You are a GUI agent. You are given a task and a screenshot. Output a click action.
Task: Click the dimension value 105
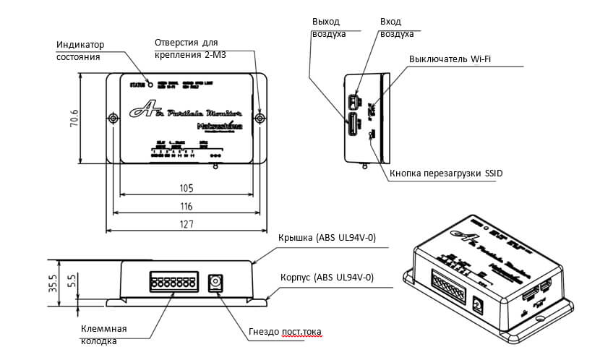pyautogui.click(x=187, y=189)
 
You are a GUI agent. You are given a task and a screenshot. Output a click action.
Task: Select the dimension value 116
pyautogui.click(x=187, y=207)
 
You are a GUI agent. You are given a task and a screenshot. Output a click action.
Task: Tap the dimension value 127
pyautogui.click(x=187, y=225)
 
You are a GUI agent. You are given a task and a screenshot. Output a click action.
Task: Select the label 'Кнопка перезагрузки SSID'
pyautogui.click(x=445, y=173)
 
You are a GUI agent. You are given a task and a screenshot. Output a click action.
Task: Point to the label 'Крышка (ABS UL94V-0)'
pyautogui.click(x=327, y=238)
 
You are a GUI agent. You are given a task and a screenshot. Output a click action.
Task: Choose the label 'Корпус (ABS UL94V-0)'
pyautogui.click(x=327, y=277)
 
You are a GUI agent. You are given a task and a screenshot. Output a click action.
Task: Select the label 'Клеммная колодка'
pyautogui.click(x=104, y=335)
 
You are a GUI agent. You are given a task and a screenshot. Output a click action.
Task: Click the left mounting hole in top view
pyautogui.click(x=113, y=118)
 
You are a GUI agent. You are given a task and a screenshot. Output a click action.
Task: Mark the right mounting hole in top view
pyautogui.click(x=261, y=118)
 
